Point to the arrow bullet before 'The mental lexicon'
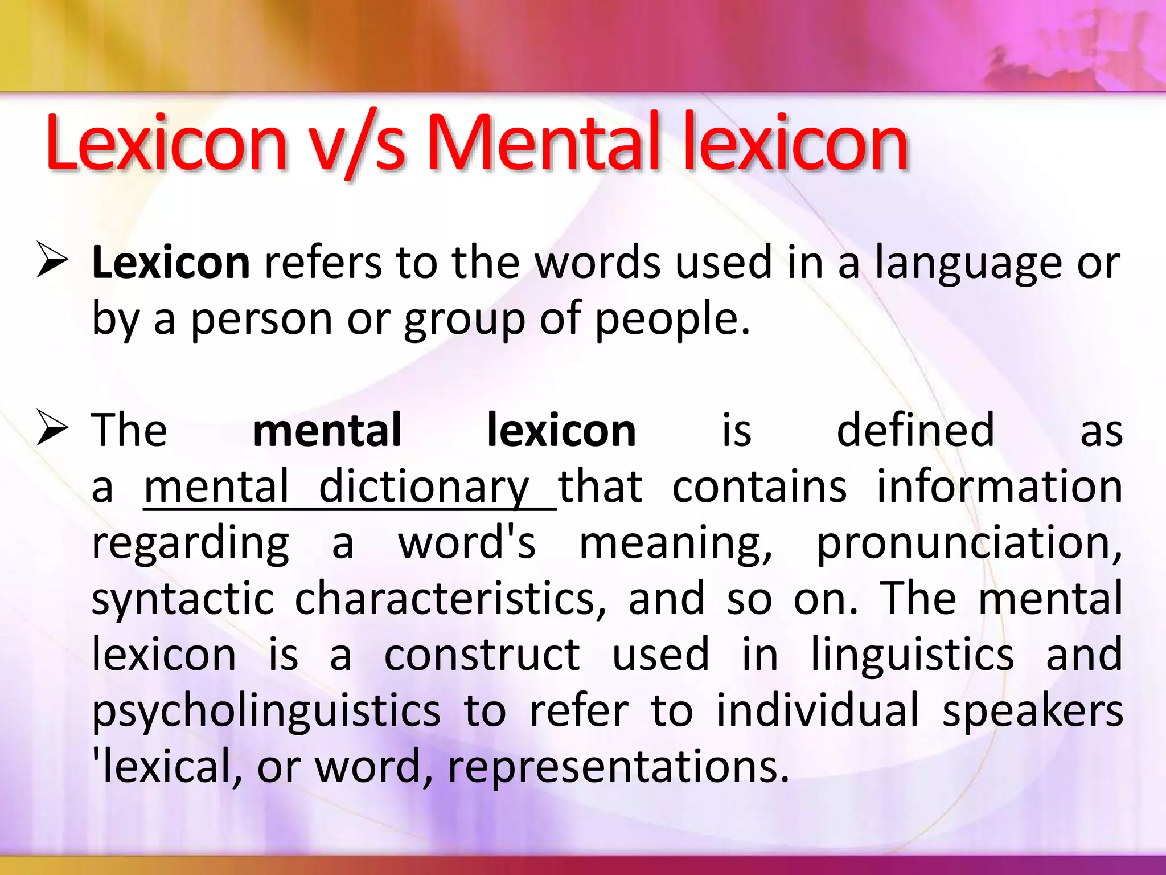[x=52, y=428]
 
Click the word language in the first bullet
[x=968, y=264]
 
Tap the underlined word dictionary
[x=424, y=487]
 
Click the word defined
[x=915, y=430]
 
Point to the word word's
[x=467, y=542]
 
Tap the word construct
[x=482, y=655]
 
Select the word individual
[x=818, y=710]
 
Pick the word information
[x=999, y=487]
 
